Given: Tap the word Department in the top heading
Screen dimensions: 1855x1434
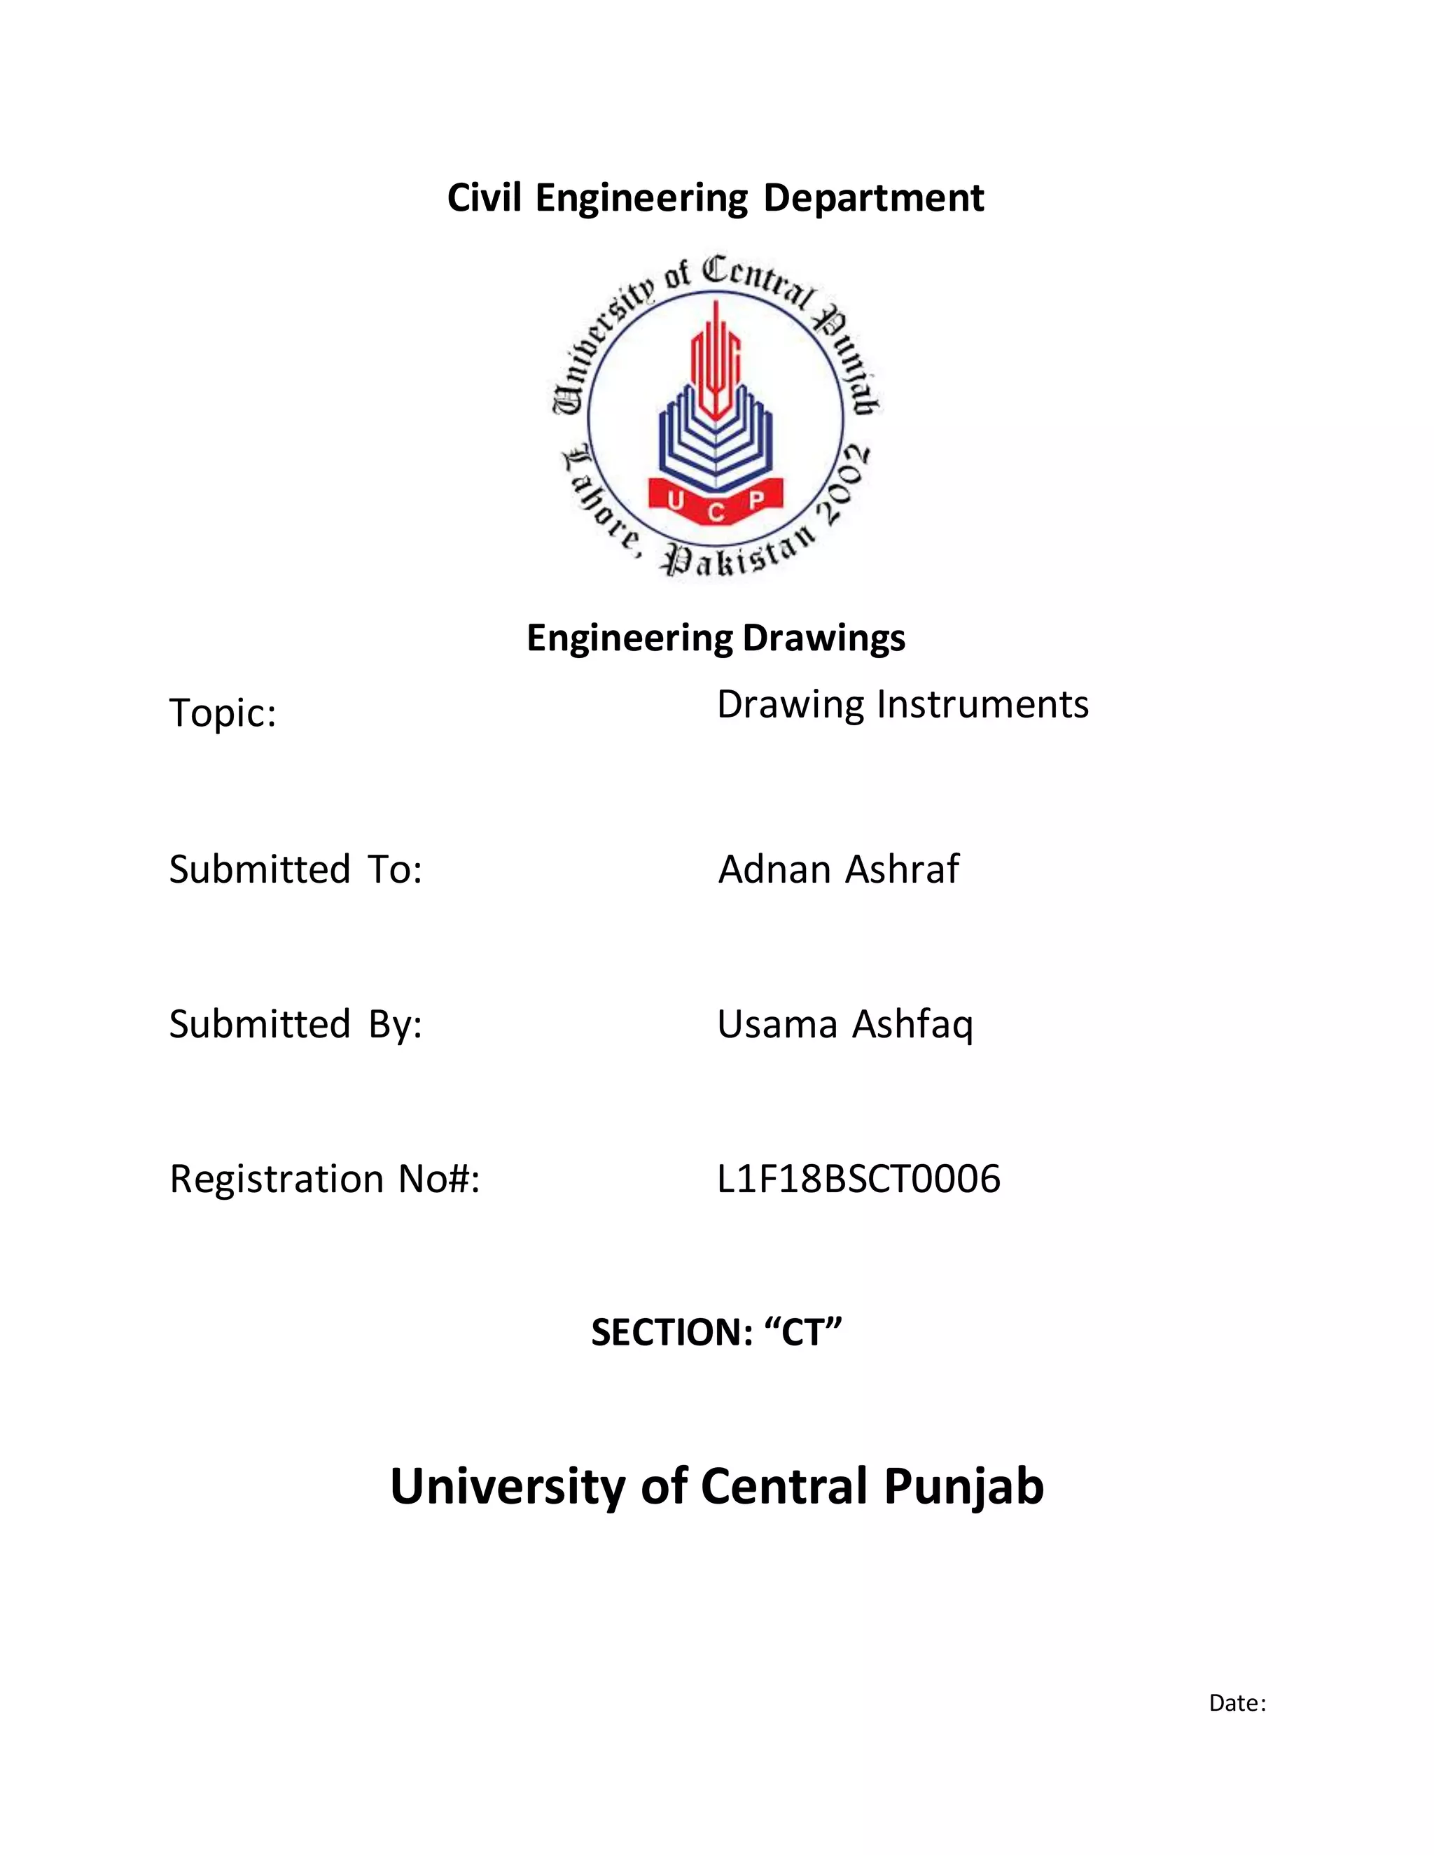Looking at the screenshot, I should pos(873,199).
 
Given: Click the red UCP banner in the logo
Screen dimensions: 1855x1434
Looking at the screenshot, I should pos(716,503).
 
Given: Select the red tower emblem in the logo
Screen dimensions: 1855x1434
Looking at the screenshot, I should pos(716,361).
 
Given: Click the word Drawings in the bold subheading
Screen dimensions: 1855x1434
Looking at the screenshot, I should pos(823,638).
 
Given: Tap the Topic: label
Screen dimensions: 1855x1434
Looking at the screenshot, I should pos(223,713).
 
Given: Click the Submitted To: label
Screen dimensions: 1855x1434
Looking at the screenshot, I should pos(295,869).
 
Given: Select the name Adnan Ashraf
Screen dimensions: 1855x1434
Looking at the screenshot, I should pos(838,869).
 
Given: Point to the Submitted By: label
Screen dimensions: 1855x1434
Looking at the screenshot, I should pos(295,1024).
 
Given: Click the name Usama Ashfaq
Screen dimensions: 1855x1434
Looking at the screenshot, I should pos(844,1024).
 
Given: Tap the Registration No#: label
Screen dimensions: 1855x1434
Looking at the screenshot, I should pos(324,1179).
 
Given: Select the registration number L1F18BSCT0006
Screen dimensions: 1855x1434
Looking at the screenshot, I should pos(858,1179).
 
